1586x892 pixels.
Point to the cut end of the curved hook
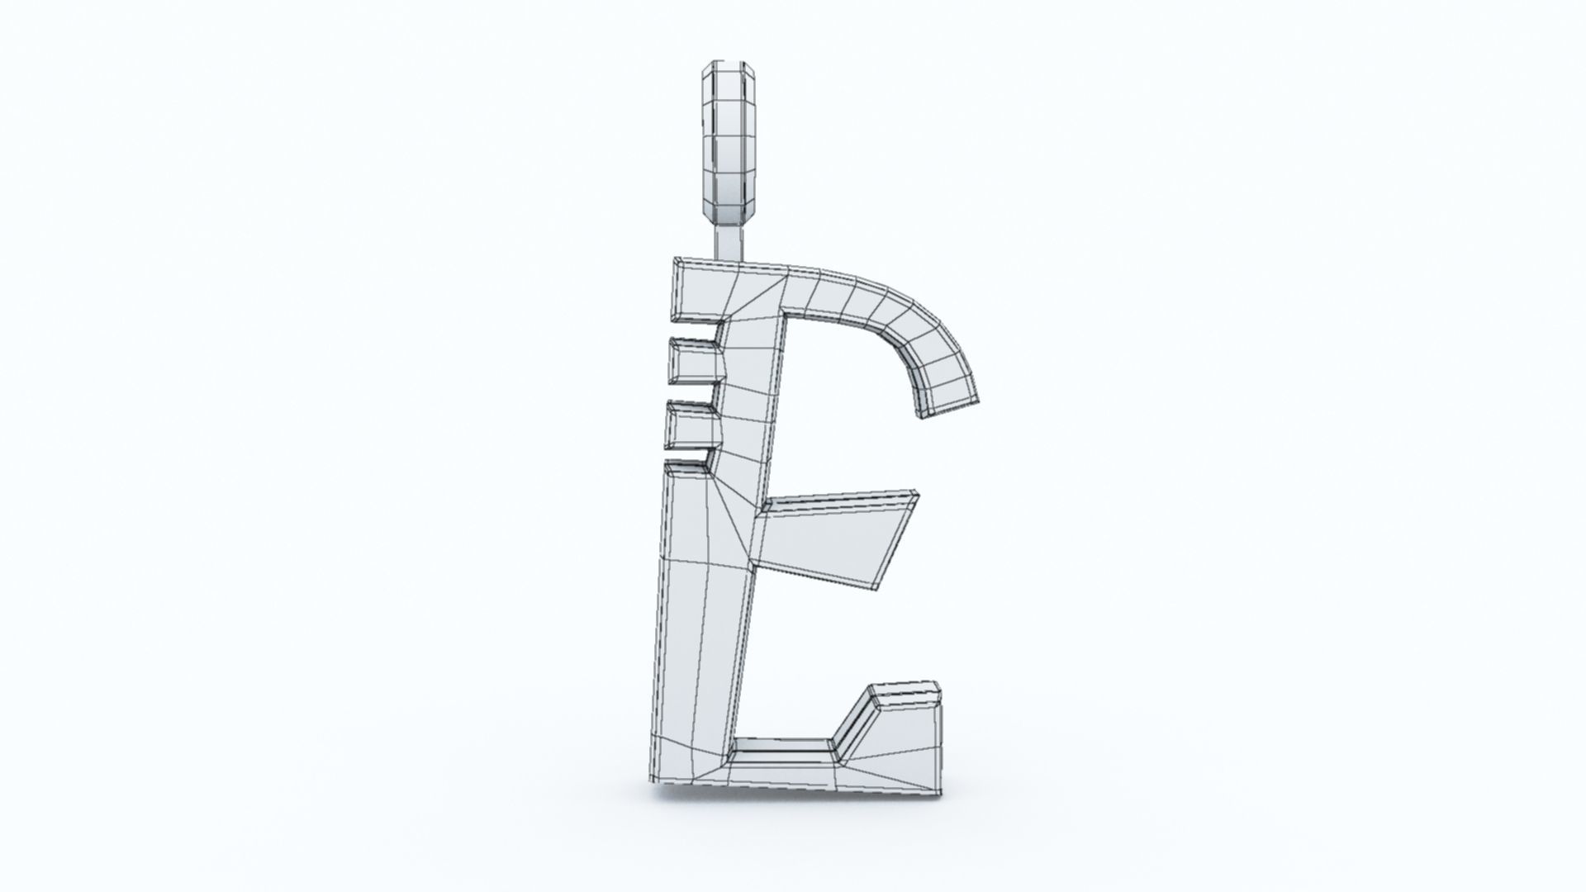point(947,406)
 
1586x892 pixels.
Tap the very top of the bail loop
point(726,63)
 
